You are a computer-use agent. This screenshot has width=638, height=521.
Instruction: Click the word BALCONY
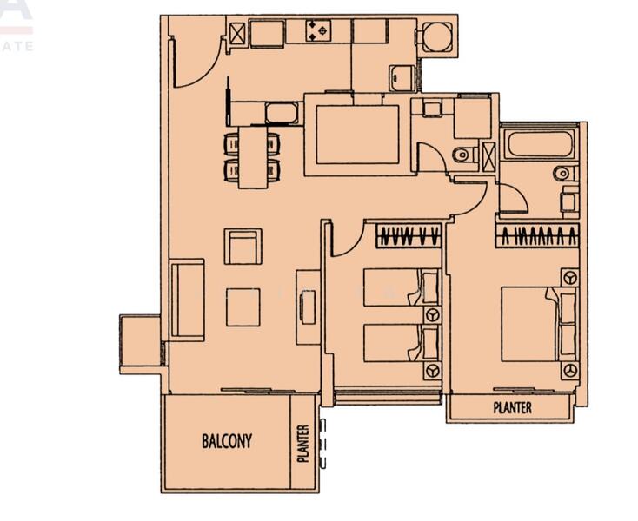coord(227,441)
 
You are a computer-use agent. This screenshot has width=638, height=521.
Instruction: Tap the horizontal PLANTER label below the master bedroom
coord(512,407)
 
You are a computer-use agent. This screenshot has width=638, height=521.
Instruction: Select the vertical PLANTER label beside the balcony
coord(303,443)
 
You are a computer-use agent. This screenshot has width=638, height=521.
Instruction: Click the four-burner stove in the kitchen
coord(316,32)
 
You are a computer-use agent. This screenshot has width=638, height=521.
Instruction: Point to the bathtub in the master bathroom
coord(539,144)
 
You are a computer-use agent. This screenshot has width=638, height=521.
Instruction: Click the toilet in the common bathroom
coord(463,155)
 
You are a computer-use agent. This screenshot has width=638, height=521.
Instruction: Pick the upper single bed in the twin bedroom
coord(396,287)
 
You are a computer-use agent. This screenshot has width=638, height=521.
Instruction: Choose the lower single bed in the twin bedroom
coord(396,342)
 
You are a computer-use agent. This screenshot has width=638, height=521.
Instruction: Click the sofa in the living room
coord(187,300)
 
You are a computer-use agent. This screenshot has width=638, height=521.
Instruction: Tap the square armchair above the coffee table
coord(243,247)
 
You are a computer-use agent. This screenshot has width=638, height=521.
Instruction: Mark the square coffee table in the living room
coord(243,307)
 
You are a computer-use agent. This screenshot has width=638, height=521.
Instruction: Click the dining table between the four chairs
coord(253,157)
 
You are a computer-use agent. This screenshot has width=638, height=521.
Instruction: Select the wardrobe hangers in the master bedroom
coord(537,235)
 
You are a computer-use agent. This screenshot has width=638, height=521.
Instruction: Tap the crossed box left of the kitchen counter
coord(236,33)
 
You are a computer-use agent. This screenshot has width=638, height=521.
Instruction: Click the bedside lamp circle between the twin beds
coord(430,315)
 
